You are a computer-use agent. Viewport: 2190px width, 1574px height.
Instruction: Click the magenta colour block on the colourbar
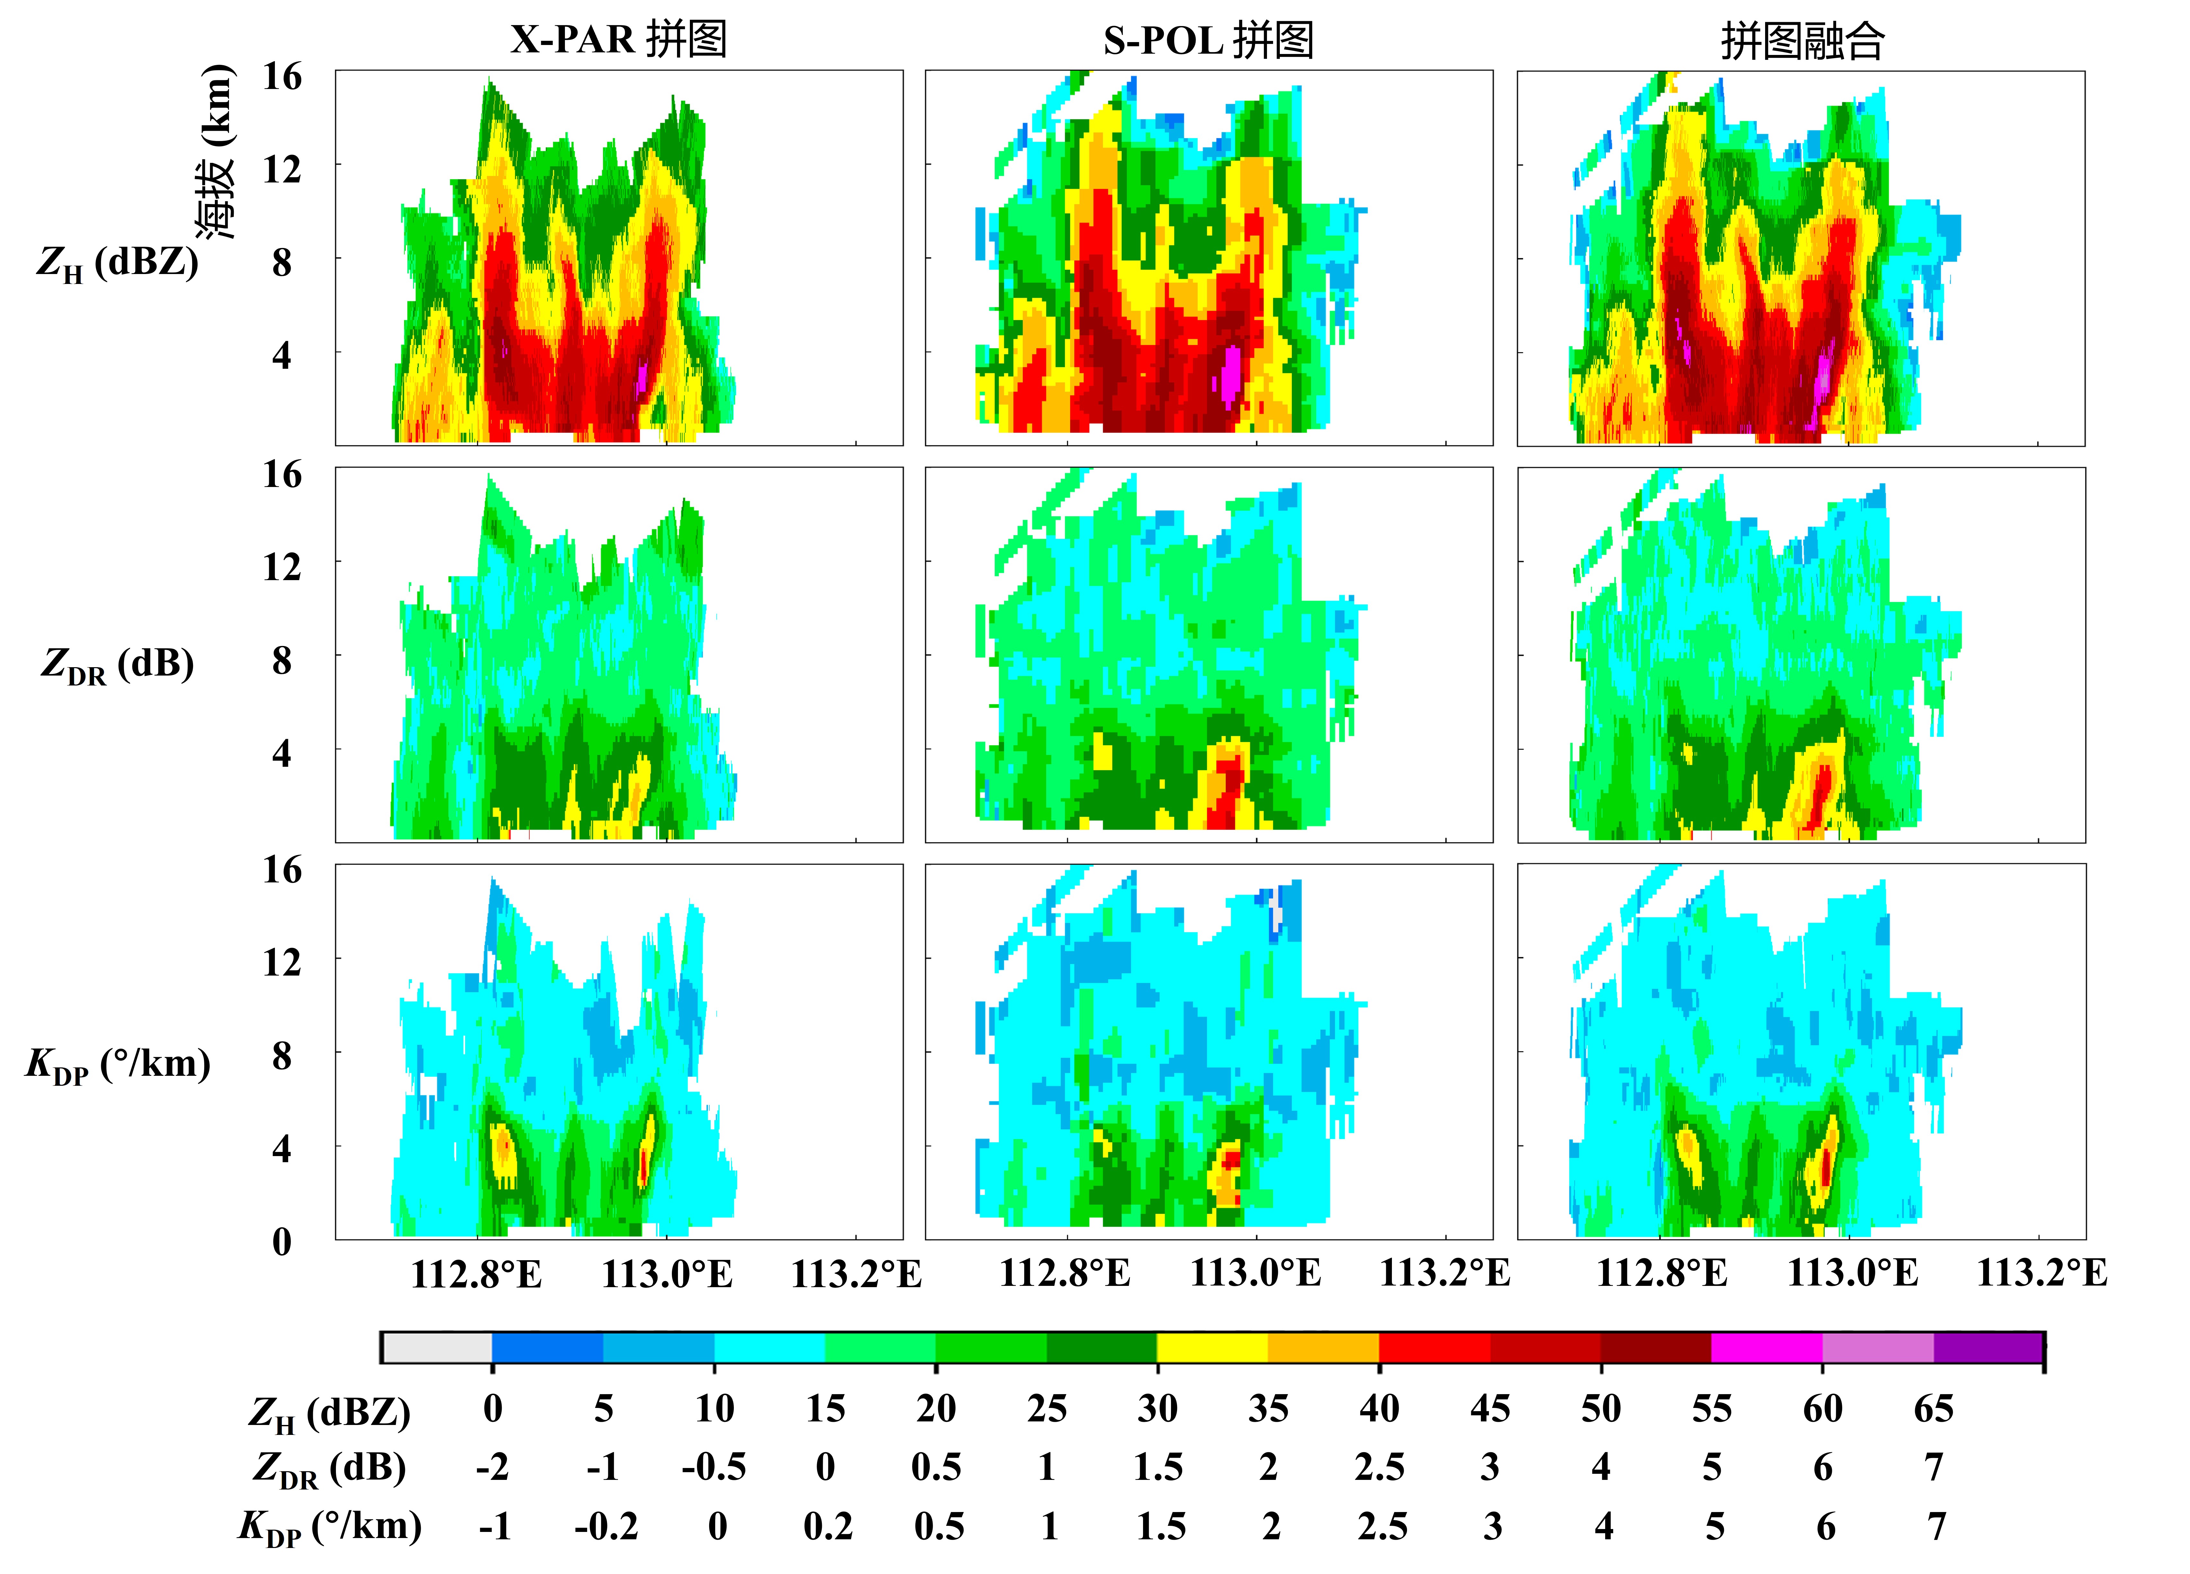point(1766,1347)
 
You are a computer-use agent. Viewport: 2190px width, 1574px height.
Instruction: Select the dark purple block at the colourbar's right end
point(1988,1347)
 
